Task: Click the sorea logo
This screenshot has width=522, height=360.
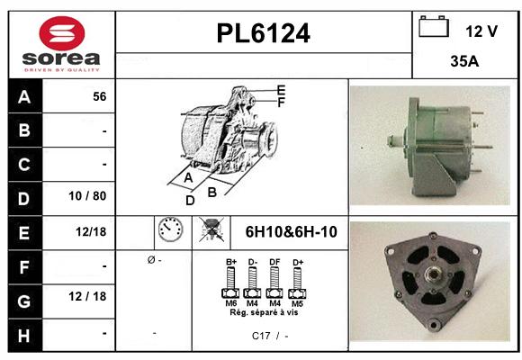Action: point(62,44)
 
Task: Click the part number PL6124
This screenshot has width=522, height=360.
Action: point(264,34)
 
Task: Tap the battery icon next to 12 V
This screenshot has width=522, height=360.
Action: point(434,27)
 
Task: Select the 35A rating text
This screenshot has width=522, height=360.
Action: point(464,62)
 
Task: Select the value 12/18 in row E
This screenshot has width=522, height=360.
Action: point(91,231)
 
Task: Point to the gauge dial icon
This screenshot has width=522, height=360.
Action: point(169,231)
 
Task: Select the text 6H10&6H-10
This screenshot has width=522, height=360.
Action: point(291,232)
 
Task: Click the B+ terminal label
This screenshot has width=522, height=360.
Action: point(230,262)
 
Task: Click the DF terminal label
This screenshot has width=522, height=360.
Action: point(274,262)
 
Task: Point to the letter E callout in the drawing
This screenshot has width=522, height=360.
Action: point(281,89)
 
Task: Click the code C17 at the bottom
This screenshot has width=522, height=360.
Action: point(261,336)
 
